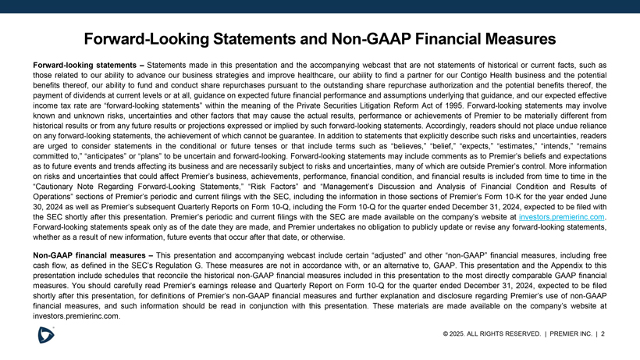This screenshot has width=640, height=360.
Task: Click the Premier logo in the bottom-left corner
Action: (46, 335)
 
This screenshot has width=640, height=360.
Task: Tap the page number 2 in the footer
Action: (603, 334)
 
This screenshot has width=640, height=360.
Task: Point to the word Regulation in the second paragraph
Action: (203, 266)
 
